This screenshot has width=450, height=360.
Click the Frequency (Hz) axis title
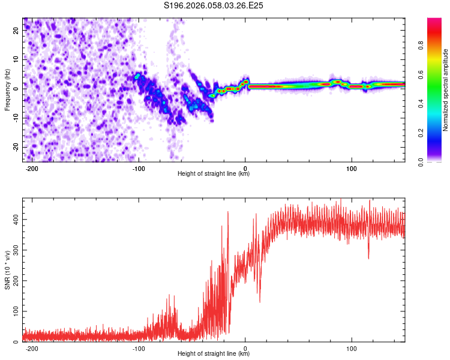[x=7, y=89]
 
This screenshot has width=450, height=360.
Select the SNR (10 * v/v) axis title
[x=7, y=269]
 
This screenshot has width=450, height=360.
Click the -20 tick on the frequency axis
[x=15, y=148]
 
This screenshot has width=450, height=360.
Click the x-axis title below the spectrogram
[x=214, y=174]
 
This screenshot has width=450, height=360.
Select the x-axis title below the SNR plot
[x=214, y=354]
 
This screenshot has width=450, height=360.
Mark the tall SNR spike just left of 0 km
[x=228, y=212]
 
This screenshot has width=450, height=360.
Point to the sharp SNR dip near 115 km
[x=368, y=258]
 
